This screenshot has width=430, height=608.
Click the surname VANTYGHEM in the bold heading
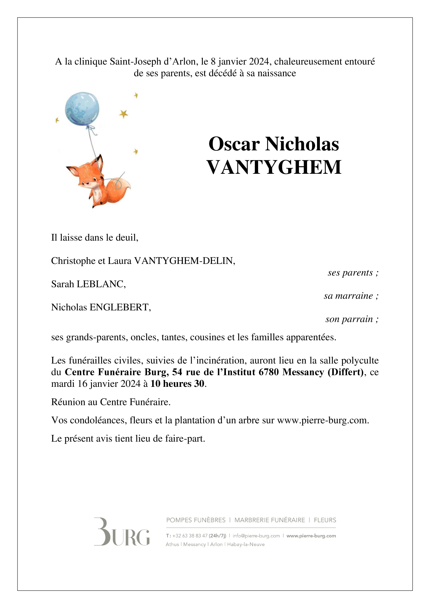[x=274, y=167]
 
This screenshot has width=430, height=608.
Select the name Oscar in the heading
[x=234, y=144]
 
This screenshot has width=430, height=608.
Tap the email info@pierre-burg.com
[x=256, y=536]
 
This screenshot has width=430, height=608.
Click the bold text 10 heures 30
[x=177, y=384]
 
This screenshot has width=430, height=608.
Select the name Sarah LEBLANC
[x=88, y=284]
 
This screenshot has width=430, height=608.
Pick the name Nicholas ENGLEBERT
[x=101, y=308]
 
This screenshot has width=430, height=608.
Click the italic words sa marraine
[x=348, y=296]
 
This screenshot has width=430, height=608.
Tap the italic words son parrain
[x=349, y=319]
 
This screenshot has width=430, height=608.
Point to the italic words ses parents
[x=350, y=273]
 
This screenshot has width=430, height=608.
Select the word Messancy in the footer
[x=194, y=544]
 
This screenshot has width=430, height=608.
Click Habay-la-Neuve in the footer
[x=246, y=544]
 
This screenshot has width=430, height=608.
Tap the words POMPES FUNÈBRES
[x=196, y=520]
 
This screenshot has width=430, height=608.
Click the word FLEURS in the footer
[x=325, y=520]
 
